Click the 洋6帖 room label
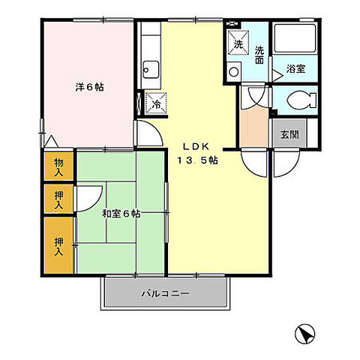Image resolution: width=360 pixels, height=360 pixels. click(88, 87)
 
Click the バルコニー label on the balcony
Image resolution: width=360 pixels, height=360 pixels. click(165, 293)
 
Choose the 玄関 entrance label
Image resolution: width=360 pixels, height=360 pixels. click(288, 135)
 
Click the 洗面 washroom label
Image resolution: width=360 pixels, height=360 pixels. click(259, 55)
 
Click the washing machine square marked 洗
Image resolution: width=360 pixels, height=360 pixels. click(238, 43)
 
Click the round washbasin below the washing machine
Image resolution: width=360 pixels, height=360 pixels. click(234, 73)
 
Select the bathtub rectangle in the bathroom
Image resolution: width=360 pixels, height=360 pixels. click(295, 40)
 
